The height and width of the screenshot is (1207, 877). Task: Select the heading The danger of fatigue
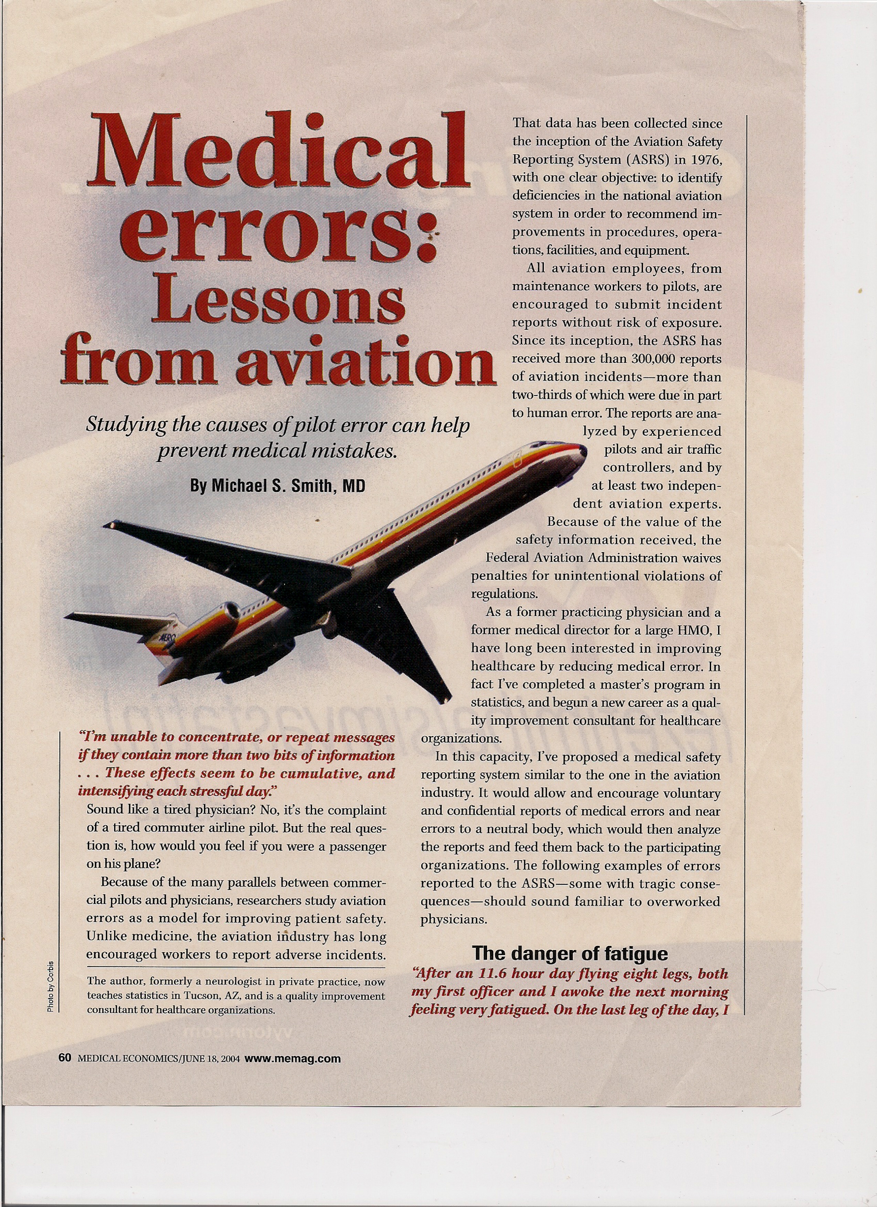[570, 953]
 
